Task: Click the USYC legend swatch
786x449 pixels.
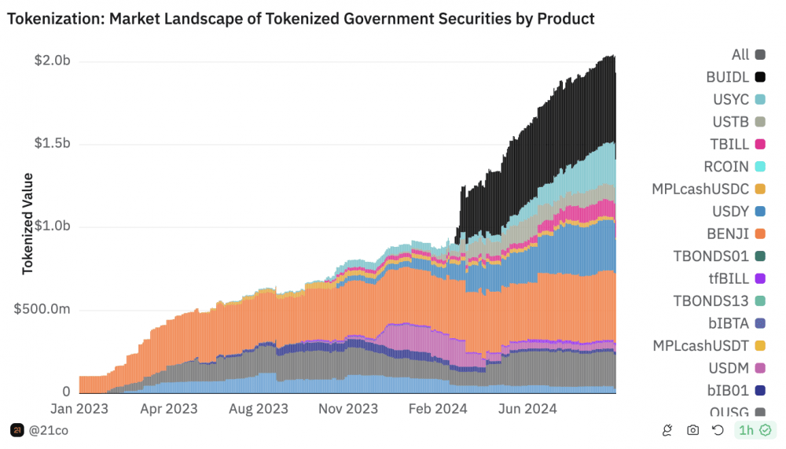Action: [760, 100]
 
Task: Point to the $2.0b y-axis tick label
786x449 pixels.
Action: [52, 61]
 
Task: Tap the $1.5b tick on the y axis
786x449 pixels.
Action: [52, 144]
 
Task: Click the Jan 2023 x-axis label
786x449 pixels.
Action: [79, 409]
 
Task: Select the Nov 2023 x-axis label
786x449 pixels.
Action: [349, 409]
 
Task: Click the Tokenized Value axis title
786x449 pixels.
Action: [28, 223]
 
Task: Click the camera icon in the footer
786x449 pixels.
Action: [692, 430]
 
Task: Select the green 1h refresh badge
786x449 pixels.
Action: [754, 430]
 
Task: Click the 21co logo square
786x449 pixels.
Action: [17, 430]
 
